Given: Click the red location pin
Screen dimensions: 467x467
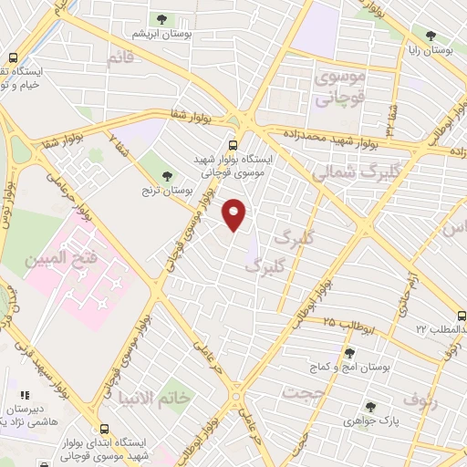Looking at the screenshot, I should pyautogui.click(x=235, y=215).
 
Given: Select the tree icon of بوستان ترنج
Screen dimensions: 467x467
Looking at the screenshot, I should pyautogui.click(x=166, y=175).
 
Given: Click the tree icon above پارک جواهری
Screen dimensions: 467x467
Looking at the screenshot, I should pyautogui.click(x=369, y=407).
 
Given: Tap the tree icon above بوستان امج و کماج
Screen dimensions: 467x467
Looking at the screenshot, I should pyautogui.click(x=349, y=353).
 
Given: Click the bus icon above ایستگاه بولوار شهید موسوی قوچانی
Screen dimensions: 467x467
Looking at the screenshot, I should pyautogui.click(x=233, y=144).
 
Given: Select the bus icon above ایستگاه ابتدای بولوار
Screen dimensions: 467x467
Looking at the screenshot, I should pyautogui.click(x=104, y=429).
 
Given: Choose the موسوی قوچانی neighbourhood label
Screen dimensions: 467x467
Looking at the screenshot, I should pyautogui.click(x=340, y=88).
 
